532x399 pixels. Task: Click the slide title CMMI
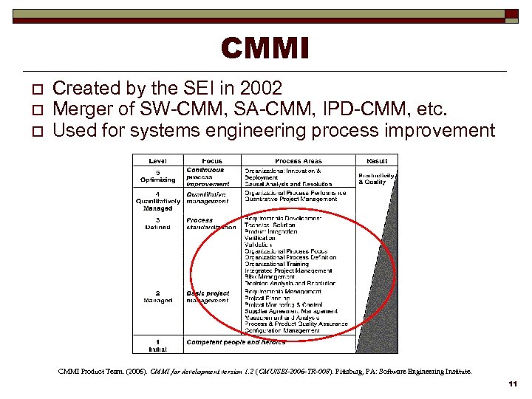(x=265, y=50)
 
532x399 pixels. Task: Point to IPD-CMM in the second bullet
(x=339, y=110)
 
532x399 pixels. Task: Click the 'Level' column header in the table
(x=157, y=160)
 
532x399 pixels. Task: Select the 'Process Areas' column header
(x=298, y=160)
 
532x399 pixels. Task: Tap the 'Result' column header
(x=377, y=160)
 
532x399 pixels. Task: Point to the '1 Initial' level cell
(x=157, y=345)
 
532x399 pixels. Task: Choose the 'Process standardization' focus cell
(x=211, y=224)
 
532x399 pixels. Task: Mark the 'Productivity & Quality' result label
(x=376, y=178)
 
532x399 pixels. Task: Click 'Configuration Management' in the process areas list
(x=282, y=330)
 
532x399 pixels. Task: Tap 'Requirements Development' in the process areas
(x=283, y=219)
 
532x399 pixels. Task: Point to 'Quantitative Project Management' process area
(x=291, y=199)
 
